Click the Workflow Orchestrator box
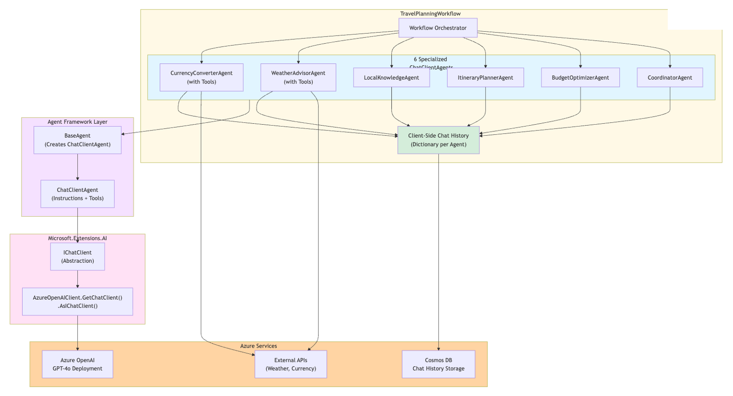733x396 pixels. point(437,28)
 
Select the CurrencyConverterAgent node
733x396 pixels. point(201,77)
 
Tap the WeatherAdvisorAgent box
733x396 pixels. point(298,77)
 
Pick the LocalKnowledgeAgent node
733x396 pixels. point(391,78)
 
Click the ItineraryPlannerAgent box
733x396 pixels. point(485,78)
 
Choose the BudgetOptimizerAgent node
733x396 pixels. point(580,78)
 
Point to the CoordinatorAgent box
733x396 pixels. point(669,78)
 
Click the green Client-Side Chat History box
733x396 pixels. point(438,140)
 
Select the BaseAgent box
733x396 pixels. point(77,140)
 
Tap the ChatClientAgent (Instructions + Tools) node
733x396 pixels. point(77,194)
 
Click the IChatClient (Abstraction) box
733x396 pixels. point(77,256)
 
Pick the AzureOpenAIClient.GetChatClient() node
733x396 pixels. point(77,302)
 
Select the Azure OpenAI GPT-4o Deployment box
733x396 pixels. point(77,364)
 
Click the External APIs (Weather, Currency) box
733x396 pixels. point(291,364)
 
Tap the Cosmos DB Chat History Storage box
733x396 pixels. point(438,364)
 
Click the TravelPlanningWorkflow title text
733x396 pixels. point(430,14)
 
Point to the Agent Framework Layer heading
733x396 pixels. point(77,122)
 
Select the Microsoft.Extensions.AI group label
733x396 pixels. point(77,238)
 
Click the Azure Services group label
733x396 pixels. point(258,346)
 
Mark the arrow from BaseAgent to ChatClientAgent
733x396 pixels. point(77,167)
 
